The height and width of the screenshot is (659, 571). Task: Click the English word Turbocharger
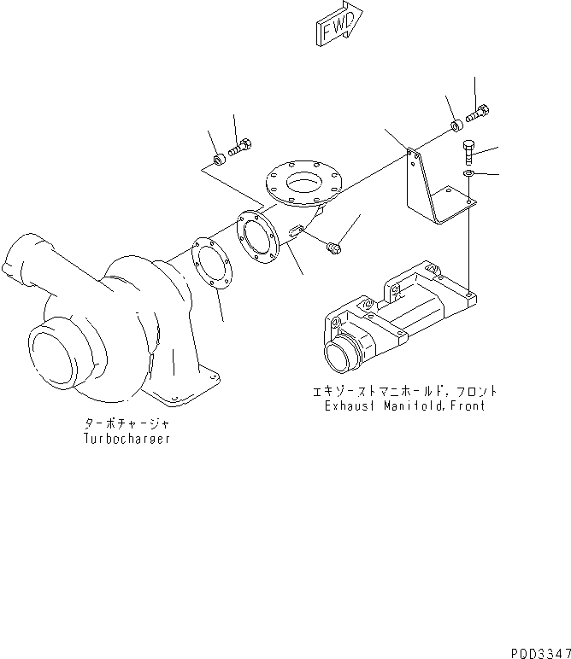[126, 438]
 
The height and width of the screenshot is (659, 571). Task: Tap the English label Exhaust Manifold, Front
[404, 406]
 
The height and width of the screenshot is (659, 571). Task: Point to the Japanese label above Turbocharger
[126, 423]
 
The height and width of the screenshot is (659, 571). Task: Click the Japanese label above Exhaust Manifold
[405, 392]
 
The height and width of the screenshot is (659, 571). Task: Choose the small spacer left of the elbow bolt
[220, 159]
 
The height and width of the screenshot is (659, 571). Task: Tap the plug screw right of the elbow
[334, 248]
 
